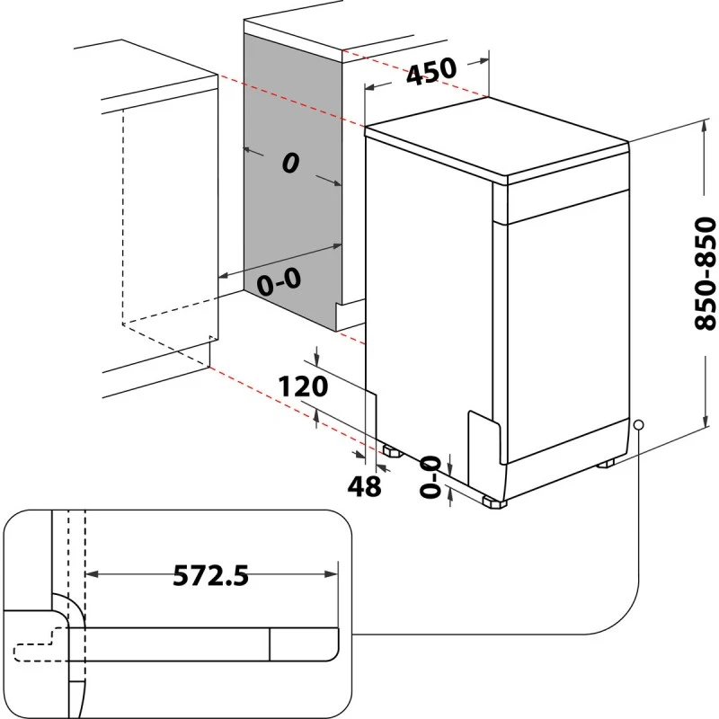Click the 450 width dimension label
[431, 72]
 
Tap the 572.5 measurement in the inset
[210, 575]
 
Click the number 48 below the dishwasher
[364, 486]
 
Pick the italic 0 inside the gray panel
[289, 163]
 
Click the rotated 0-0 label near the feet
[432, 475]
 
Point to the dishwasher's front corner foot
[493, 502]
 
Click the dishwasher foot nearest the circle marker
[607, 463]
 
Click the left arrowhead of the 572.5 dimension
[90, 574]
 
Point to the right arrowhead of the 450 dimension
[485, 62]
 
